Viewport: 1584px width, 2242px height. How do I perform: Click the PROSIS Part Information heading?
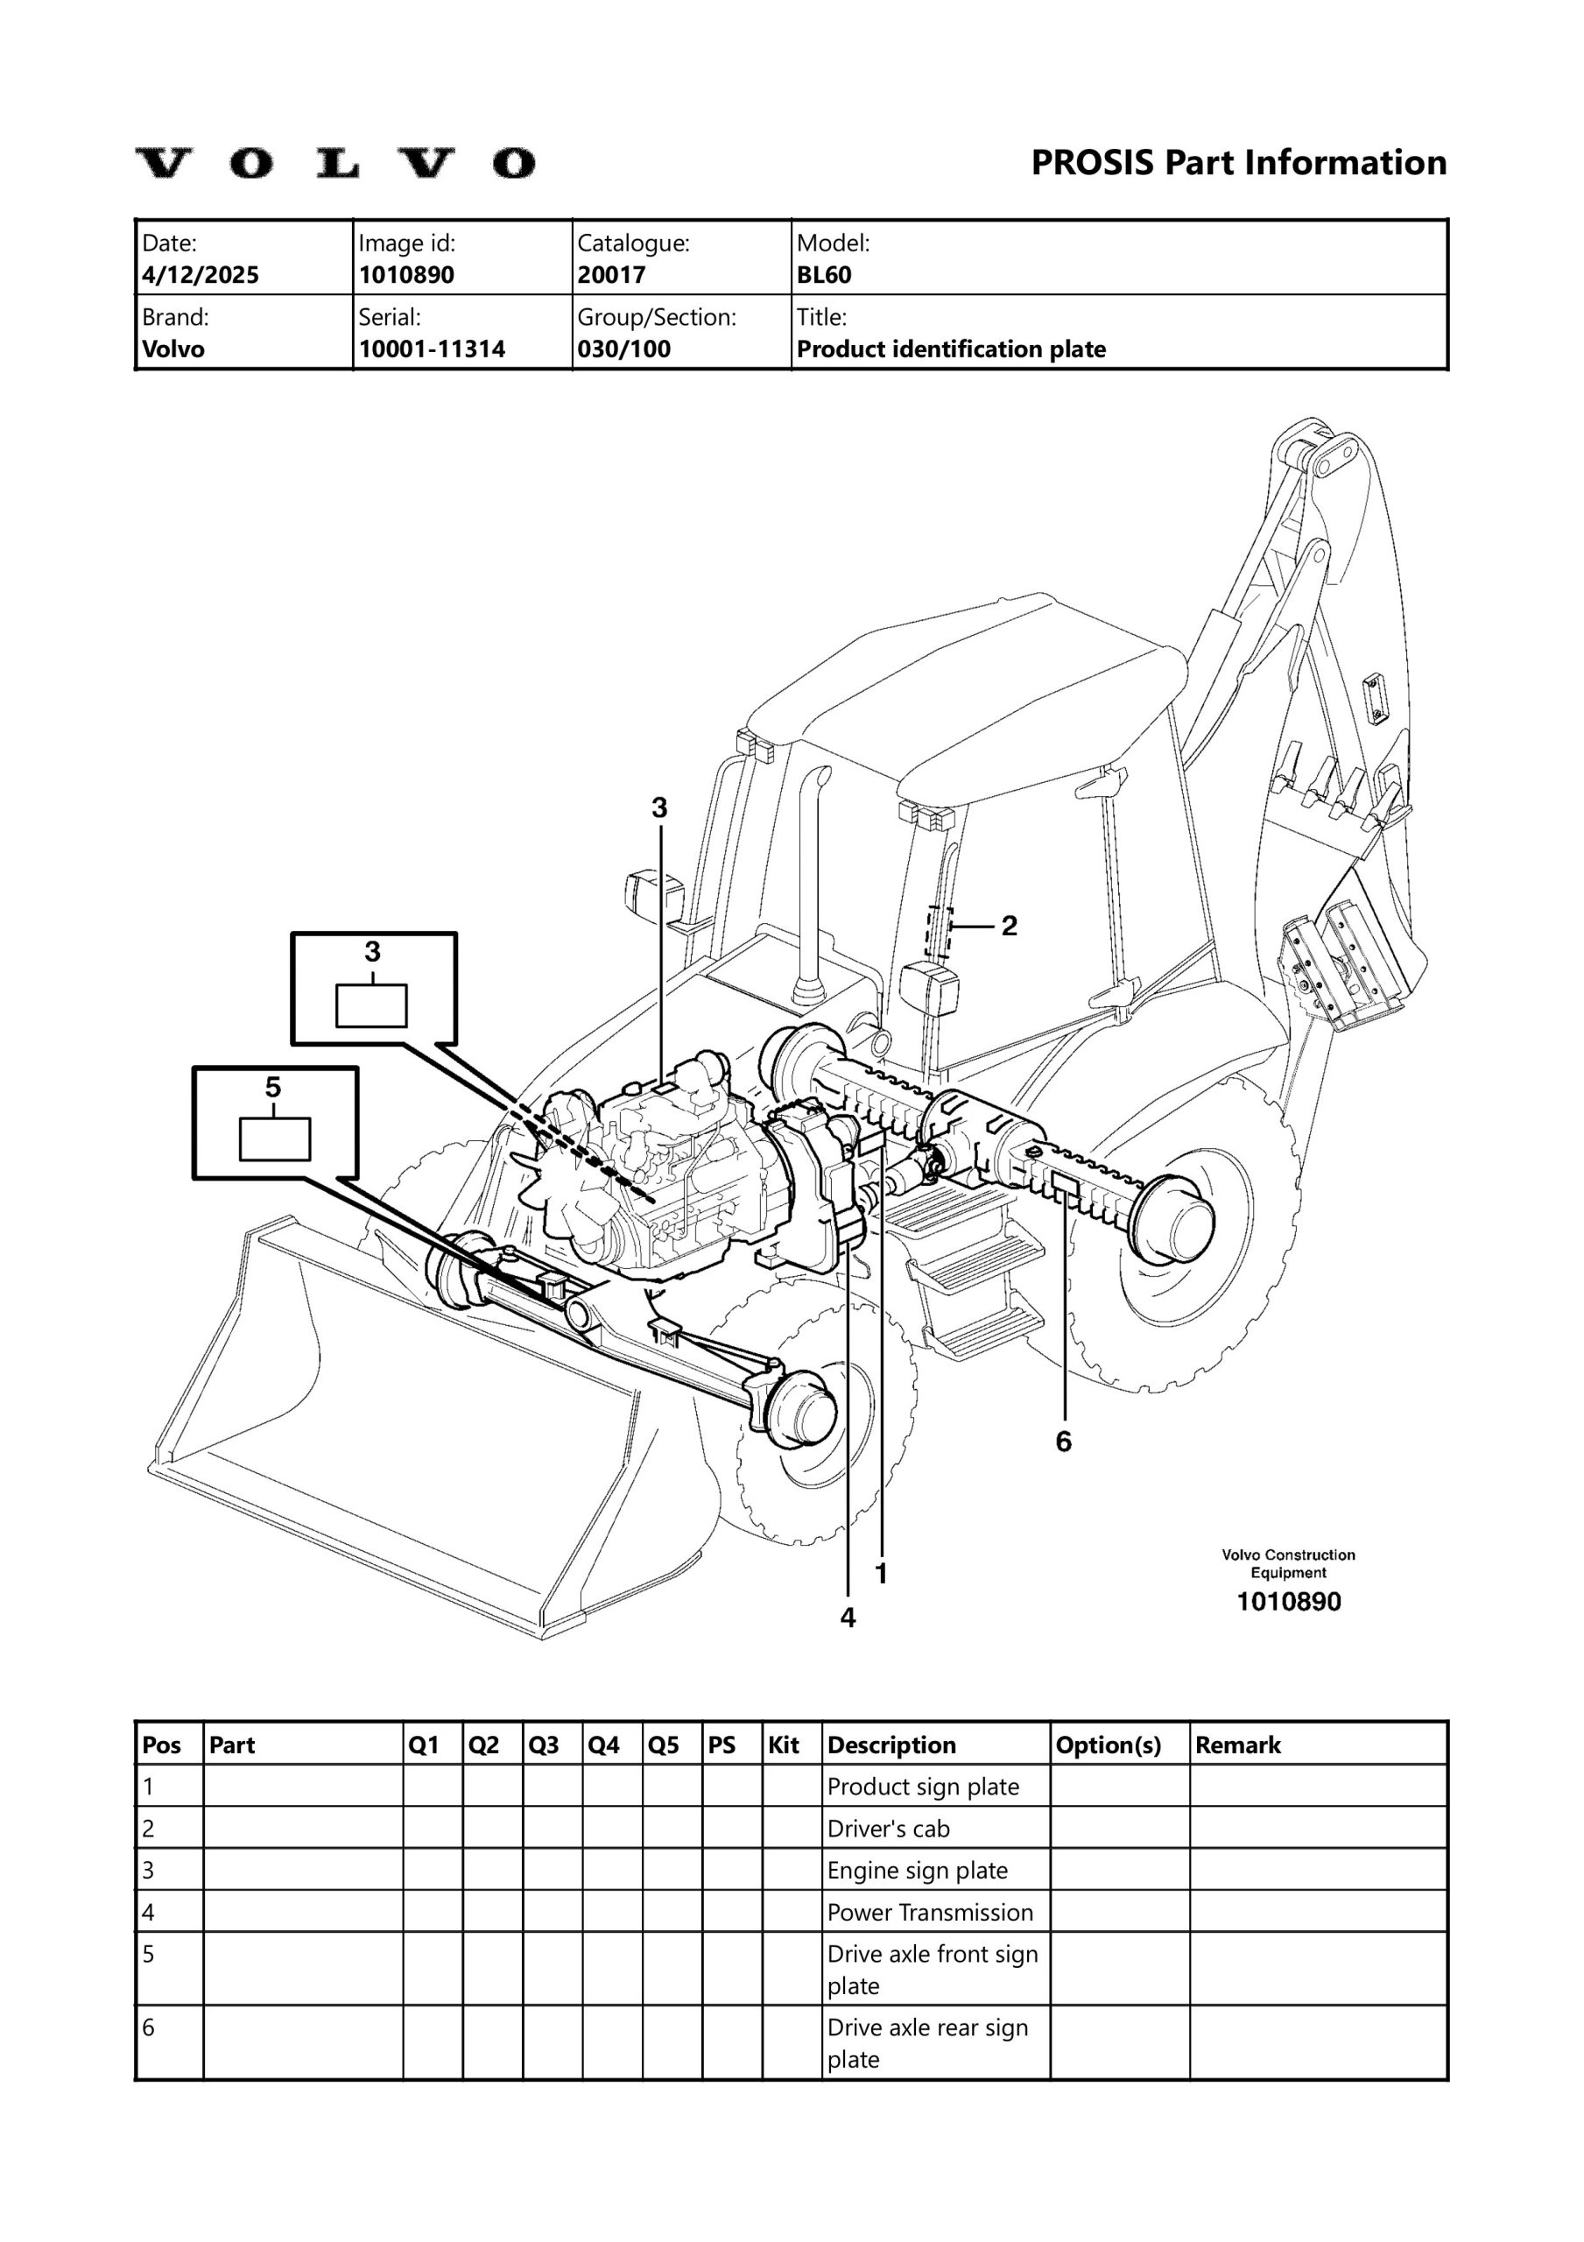point(1238,162)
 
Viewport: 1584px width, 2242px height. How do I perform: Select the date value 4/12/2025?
point(201,274)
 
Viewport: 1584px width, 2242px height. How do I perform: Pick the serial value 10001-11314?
point(432,349)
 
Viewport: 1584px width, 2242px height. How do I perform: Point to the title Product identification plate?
point(951,349)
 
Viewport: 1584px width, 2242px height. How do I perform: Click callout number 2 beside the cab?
point(1009,925)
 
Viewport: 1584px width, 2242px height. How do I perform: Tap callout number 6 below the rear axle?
point(1064,1442)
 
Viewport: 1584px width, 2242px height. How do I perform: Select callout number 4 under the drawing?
point(848,1618)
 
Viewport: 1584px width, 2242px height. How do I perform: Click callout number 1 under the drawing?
point(881,1573)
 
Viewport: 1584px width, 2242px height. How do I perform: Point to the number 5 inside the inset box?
point(272,1087)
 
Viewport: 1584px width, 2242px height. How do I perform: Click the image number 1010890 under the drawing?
point(1288,1602)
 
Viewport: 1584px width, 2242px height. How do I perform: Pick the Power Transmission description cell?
point(930,1912)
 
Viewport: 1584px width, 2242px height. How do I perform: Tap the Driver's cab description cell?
point(888,1828)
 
